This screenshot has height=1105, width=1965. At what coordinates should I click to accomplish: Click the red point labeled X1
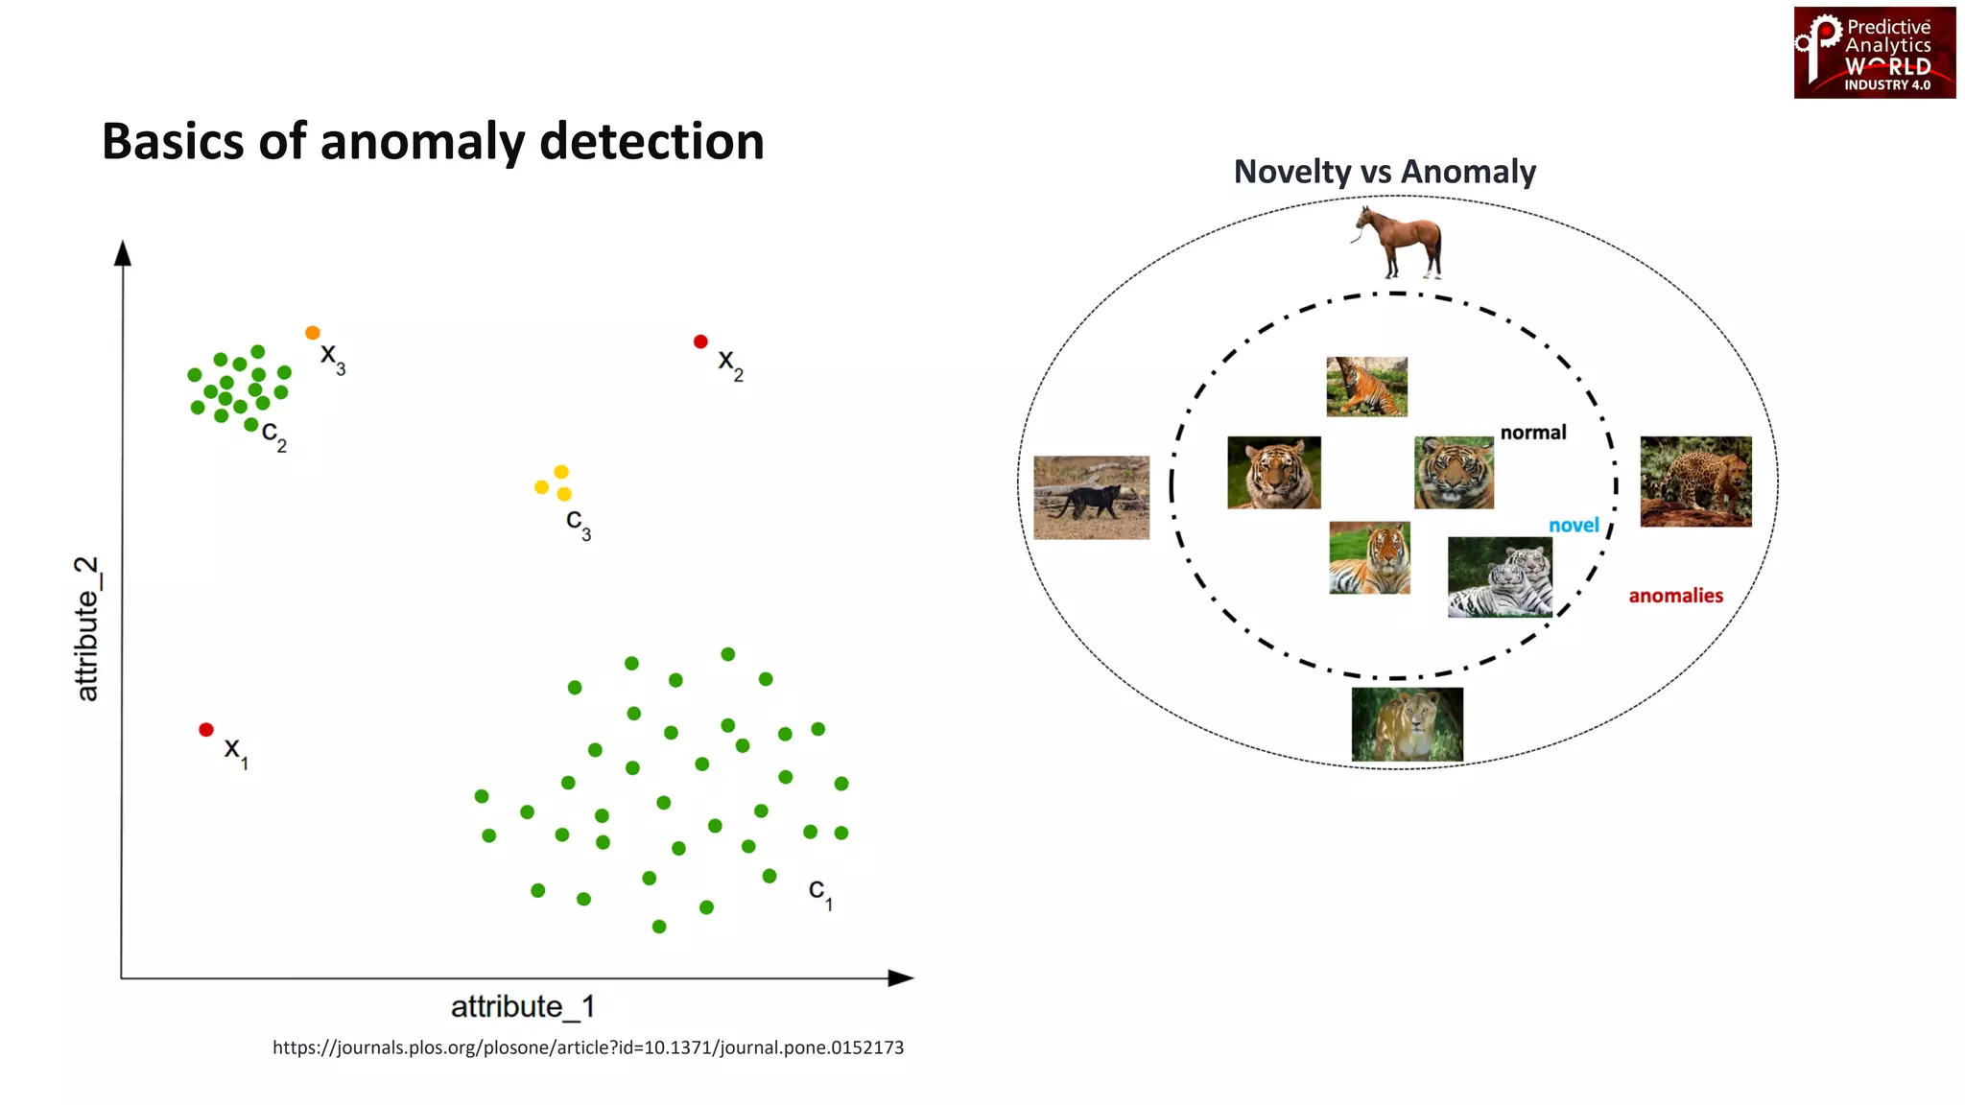[205, 730]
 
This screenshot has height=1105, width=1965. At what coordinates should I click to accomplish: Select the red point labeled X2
[700, 341]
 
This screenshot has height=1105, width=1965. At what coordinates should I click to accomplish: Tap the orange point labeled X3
[312, 333]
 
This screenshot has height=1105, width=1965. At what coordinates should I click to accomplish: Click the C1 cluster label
[819, 892]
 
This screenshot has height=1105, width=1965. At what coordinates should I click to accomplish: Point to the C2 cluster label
[273, 435]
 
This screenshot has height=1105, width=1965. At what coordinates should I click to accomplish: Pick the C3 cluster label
[578, 524]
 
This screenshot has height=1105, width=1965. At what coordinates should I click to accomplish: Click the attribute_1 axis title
[523, 1006]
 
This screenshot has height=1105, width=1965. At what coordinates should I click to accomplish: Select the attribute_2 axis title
[87, 628]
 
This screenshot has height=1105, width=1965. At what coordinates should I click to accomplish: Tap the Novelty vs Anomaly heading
[1385, 172]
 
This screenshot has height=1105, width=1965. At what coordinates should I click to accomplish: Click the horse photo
[1399, 241]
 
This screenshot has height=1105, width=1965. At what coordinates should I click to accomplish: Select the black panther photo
[1091, 497]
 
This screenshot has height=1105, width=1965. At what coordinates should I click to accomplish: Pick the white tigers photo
[1500, 576]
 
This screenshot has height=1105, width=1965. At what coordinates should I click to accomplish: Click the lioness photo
[1407, 724]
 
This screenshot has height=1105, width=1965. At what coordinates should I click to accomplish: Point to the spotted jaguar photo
[1695, 482]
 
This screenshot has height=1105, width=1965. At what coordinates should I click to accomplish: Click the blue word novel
[1574, 525]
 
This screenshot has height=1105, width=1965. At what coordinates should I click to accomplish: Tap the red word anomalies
[1675, 596]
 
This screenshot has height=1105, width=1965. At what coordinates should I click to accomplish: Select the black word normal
[1532, 433]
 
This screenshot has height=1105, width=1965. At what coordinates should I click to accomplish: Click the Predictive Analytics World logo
[1874, 53]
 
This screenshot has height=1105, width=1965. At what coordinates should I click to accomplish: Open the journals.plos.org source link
[587, 1047]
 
